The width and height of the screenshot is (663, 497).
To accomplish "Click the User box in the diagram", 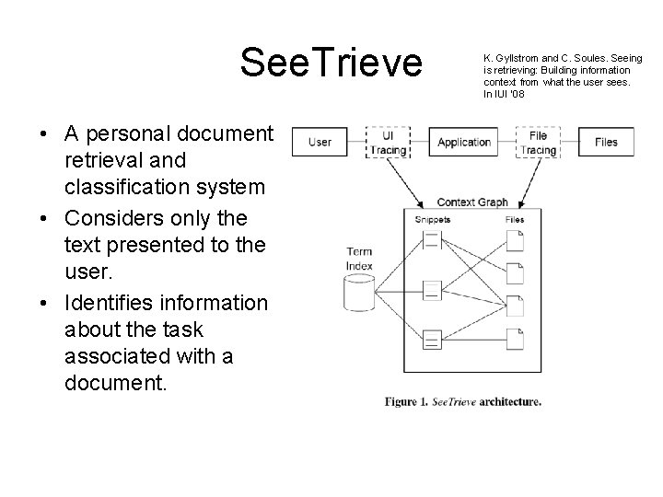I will pyautogui.click(x=320, y=142).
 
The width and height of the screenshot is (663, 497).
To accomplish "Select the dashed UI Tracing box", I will pyautogui.click(x=387, y=142).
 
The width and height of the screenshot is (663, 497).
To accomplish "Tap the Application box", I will pyautogui.click(x=463, y=142).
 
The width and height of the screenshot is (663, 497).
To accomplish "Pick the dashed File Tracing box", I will pyautogui.click(x=539, y=142).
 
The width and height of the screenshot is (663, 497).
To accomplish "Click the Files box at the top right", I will pyautogui.click(x=606, y=142).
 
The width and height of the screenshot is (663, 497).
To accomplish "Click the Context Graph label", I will pyautogui.click(x=472, y=202).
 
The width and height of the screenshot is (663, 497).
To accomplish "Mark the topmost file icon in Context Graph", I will pyautogui.click(x=516, y=240).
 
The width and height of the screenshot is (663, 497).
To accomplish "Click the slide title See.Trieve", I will pyautogui.click(x=331, y=63).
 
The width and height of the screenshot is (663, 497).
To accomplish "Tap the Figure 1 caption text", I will pyautogui.click(x=463, y=401).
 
